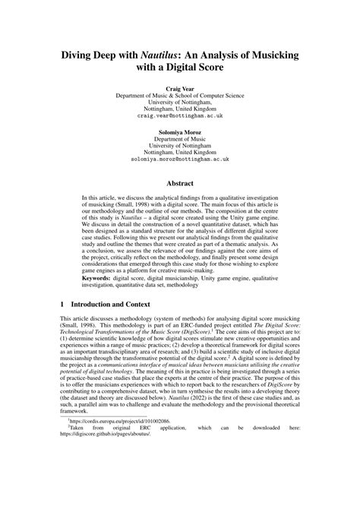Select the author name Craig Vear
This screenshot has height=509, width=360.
(180, 89)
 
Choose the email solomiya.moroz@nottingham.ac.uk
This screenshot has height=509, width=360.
(180, 161)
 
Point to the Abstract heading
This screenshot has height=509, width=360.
(180, 182)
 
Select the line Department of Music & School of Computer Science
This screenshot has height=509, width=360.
(180, 96)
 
